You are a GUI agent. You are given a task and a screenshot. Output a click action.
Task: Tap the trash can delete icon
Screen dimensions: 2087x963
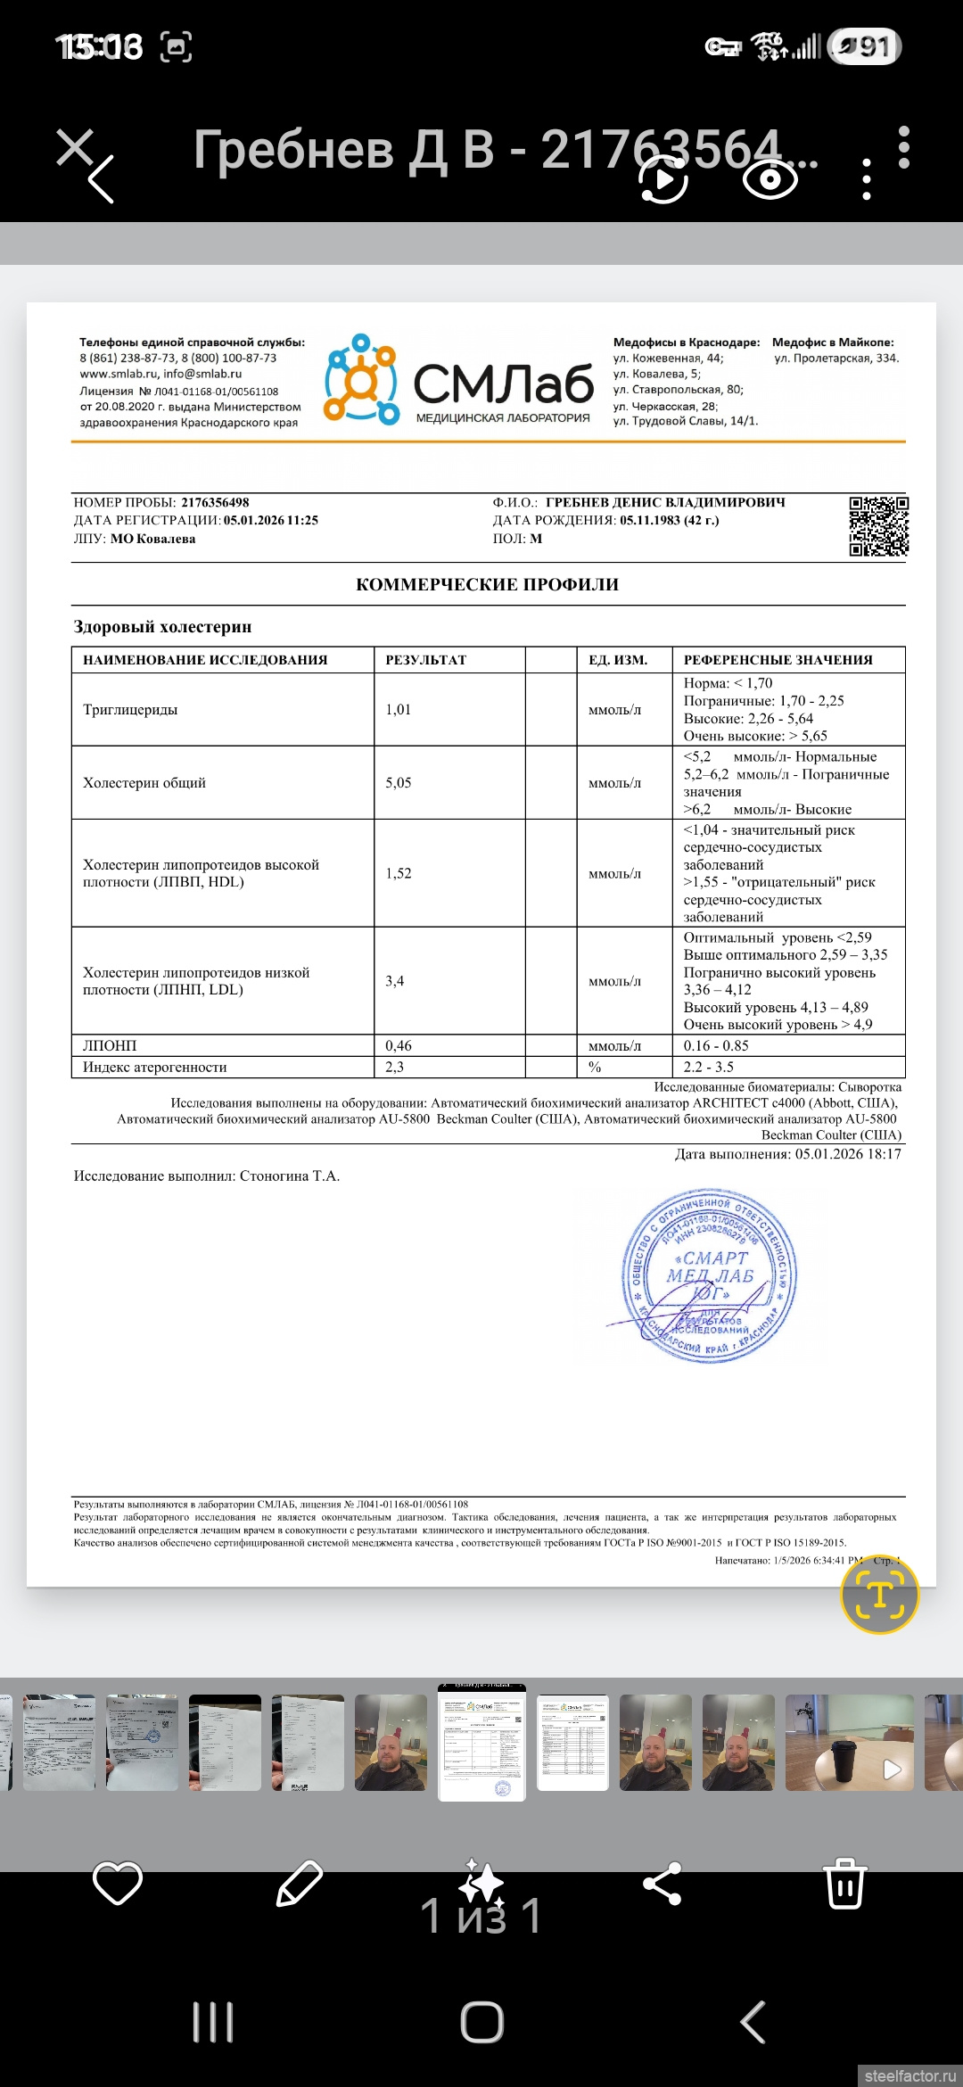pos(844,1883)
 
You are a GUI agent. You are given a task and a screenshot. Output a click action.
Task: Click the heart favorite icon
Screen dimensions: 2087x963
pos(118,1883)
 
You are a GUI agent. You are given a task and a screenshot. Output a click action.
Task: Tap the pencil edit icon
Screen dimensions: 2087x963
pos(300,1883)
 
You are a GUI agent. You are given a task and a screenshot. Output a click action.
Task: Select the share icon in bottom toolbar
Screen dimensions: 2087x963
pos(663,1884)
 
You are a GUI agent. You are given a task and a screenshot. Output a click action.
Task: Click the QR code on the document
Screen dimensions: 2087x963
pos(878,526)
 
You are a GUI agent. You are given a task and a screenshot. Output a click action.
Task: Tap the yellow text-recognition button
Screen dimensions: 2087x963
pos(879,1595)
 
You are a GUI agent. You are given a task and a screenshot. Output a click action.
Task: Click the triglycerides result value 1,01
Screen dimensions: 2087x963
pos(399,710)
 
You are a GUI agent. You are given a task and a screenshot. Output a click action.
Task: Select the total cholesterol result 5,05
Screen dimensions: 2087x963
pos(399,783)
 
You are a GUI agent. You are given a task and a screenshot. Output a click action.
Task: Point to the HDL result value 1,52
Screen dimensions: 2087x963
pos(399,873)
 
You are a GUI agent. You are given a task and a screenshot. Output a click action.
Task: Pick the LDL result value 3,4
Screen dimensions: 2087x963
pos(395,981)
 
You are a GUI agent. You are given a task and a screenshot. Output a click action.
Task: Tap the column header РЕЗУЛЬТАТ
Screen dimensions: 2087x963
pos(426,660)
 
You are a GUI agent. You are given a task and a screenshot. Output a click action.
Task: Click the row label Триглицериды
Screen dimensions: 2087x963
pos(130,710)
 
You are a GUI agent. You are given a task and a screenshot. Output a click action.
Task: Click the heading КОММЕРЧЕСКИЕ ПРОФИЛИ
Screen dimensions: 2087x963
pos(487,585)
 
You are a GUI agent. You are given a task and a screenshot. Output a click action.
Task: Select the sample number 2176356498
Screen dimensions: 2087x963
pos(215,503)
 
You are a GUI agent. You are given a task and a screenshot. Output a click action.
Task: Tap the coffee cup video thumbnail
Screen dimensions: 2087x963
pos(849,1743)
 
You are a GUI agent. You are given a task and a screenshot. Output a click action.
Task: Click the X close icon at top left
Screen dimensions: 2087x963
pos(75,147)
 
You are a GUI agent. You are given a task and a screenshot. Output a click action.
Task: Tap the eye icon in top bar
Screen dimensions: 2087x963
pos(770,179)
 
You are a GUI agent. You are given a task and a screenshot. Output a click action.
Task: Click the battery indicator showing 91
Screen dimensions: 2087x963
pos(864,46)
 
